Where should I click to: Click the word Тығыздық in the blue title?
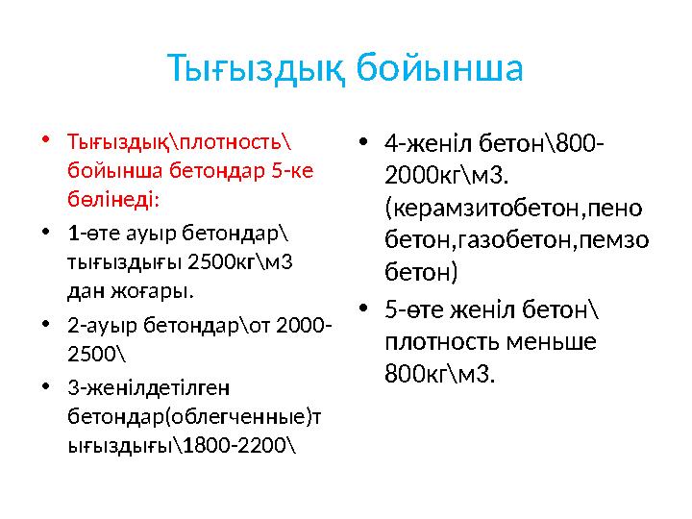pyautogui.click(x=255, y=70)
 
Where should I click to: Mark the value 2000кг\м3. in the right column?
pyautogui.click(x=448, y=176)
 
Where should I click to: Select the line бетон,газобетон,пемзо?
pyautogui.click(x=516, y=240)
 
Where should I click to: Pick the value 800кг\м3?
pyautogui.click(x=440, y=373)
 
